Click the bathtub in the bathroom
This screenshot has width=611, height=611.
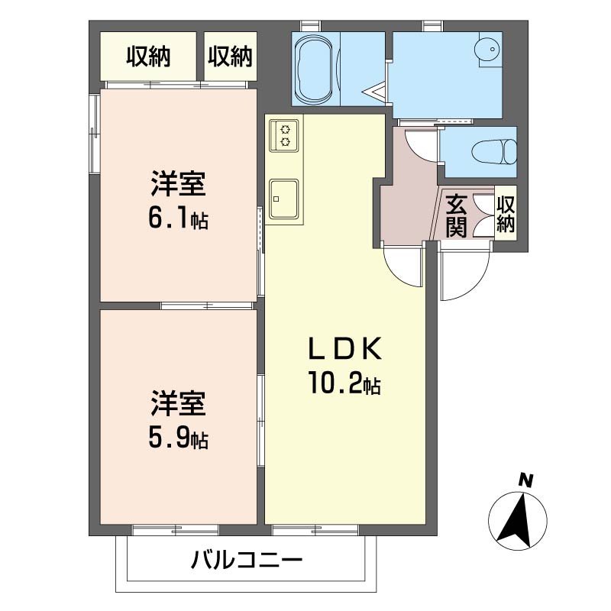pyautogui.click(x=315, y=69)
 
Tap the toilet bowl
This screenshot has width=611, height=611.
pyautogui.click(x=494, y=151)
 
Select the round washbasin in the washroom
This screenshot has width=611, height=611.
pyautogui.click(x=487, y=50)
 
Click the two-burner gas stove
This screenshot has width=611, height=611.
pyautogui.click(x=284, y=136)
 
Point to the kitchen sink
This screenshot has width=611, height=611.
pyautogui.click(x=284, y=199)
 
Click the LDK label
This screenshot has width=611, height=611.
pyautogui.click(x=344, y=348)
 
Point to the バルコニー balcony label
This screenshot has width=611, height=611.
pyautogui.click(x=247, y=561)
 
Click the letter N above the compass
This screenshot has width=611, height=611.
pyautogui.click(x=525, y=482)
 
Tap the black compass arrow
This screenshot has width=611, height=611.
pyautogui.click(x=516, y=520)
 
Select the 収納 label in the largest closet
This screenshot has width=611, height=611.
pyautogui.click(x=148, y=57)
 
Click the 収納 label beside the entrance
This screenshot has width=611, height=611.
pyautogui.click(x=506, y=214)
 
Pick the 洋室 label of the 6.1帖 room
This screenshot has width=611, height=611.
pyautogui.click(x=179, y=183)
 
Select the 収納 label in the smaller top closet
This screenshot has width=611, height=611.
pyautogui.click(x=230, y=57)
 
